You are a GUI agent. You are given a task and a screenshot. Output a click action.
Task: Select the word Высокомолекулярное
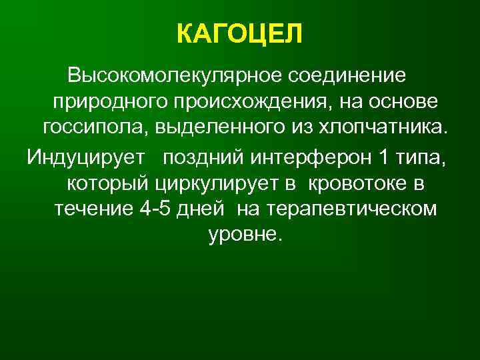click(174, 75)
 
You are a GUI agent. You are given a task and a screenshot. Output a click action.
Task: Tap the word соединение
click(347, 75)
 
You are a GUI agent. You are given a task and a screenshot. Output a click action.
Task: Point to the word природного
click(107, 102)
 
